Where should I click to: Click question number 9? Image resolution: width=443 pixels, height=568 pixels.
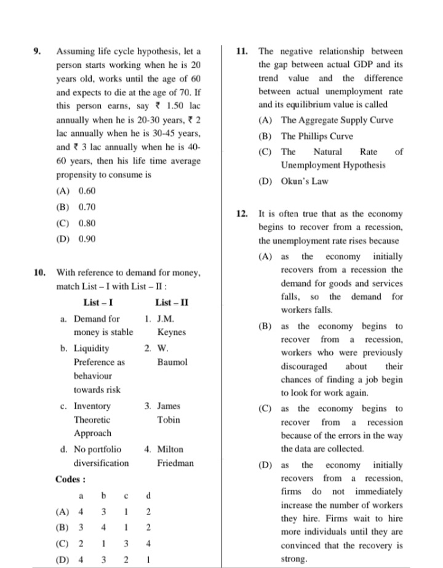coord(36,51)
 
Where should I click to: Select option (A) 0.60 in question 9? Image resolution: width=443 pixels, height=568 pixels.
coord(76,191)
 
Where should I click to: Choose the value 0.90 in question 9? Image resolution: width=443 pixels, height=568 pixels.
coord(87,239)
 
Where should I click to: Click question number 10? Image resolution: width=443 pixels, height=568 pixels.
coord(39,271)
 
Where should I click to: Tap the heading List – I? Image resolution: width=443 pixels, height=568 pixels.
coord(98,302)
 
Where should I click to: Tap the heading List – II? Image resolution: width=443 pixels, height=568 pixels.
coord(172,302)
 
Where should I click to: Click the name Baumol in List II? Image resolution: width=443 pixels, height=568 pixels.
coord(172,362)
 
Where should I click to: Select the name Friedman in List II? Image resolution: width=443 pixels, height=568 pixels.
coord(175,463)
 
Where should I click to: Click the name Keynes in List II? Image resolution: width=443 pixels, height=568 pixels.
coord(171,332)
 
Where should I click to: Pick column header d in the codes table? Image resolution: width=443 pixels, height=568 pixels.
coord(148,495)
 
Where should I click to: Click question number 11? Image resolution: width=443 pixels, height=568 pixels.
coord(242,51)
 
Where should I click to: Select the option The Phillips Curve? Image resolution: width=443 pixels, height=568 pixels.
coord(317,136)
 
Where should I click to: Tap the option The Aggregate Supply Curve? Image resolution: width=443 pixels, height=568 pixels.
coord(337,121)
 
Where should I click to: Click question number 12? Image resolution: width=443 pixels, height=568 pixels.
coord(242,214)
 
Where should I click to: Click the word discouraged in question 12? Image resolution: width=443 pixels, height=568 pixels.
coord(304,366)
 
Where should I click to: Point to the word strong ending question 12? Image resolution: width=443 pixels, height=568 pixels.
coord(293,559)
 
